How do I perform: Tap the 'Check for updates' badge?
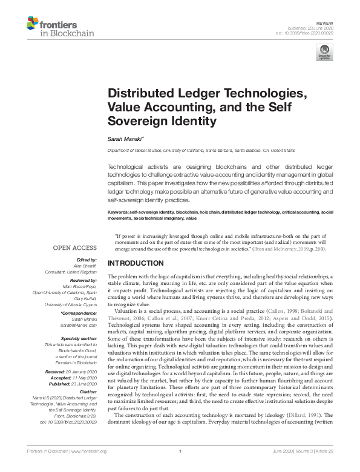tap(325, 51)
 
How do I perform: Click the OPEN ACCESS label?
tap(75, 248)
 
